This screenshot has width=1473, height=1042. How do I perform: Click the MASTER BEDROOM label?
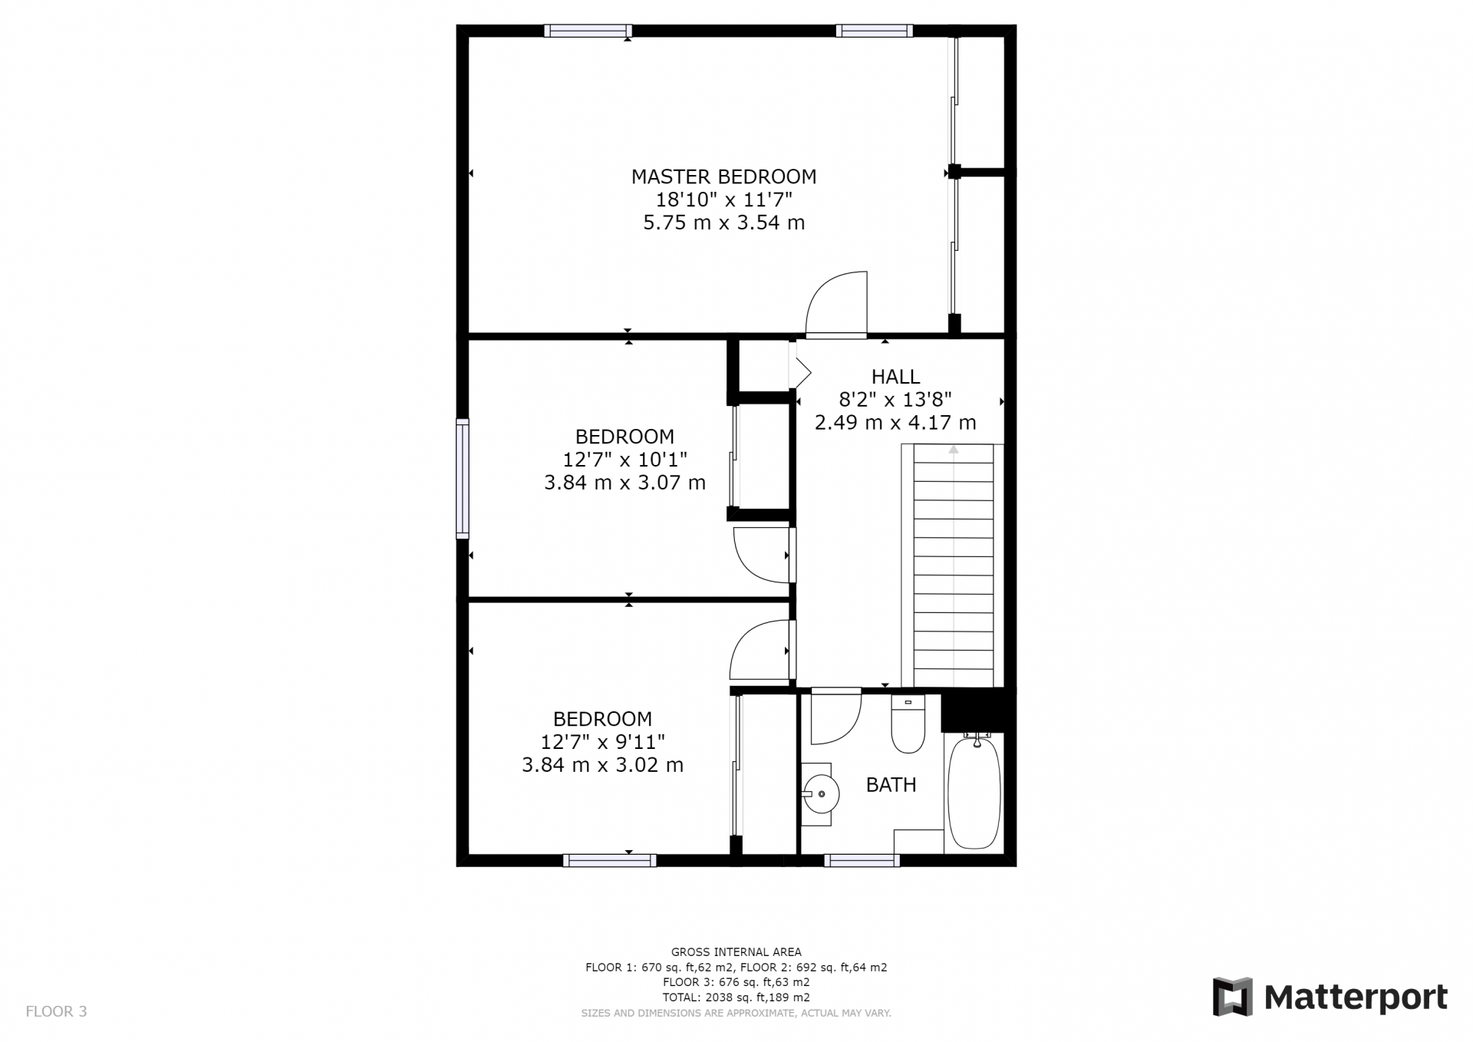(723, 176)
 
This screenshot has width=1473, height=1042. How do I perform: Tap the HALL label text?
(895, 377)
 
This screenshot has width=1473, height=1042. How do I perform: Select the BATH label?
(891, 785)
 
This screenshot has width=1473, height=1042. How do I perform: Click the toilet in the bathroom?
(908, 724)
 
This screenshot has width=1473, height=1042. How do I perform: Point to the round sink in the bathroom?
(819, 794)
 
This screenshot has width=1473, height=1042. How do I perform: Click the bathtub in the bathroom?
(974, 790)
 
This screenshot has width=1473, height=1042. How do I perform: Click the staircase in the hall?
(952, 566)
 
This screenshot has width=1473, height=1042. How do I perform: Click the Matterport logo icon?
(1232, 997)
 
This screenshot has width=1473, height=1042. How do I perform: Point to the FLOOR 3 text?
(56, 1011)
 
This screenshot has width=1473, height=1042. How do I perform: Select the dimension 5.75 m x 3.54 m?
(723, 223)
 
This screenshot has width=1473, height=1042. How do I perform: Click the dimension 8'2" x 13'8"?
(895, 399)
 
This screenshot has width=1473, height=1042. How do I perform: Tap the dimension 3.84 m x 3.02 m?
(602, 765)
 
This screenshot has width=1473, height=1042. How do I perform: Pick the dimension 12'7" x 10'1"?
(624, 460)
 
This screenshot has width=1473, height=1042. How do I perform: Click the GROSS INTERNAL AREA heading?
(736, 952)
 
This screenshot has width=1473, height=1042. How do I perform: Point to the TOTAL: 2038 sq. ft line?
(736, 997)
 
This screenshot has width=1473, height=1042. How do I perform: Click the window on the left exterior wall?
(463, 478)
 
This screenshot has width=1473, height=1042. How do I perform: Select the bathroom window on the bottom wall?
(862, 860)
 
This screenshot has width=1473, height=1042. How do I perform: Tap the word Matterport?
(1356, 997)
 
